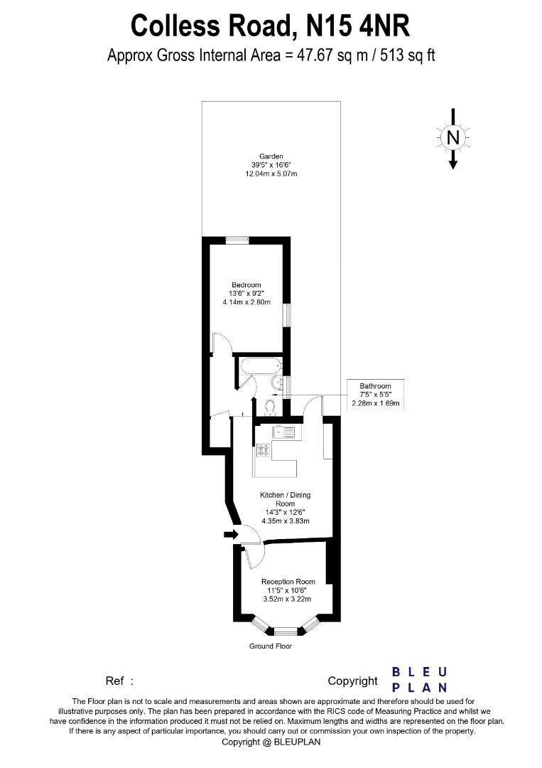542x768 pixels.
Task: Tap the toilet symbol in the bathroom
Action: pyautogui.click(x=269, y=407)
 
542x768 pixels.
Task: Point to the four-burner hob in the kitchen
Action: pyautogui.click(x=263, y=449)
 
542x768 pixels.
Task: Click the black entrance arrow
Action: pyautogui.click(x=230, y=534)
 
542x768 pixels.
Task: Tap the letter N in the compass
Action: pyautogui.click(x=453, y=137)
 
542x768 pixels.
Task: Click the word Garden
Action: pyautogui.click(x=271, y=156)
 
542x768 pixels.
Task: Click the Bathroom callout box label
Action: pyautogui.click(x=375, y=386)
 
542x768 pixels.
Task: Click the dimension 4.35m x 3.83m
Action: pyautogui.click(x=284, y=521)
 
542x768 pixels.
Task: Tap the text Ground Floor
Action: pyautogui.click(x=271, y=646)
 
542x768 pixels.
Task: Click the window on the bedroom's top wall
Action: pyautogui.click(x=237, y=240)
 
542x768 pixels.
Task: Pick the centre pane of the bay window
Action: pyautogui.click(x=286, y=631)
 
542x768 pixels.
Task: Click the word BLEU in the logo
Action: pyautogui.click(x=419, y=672)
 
